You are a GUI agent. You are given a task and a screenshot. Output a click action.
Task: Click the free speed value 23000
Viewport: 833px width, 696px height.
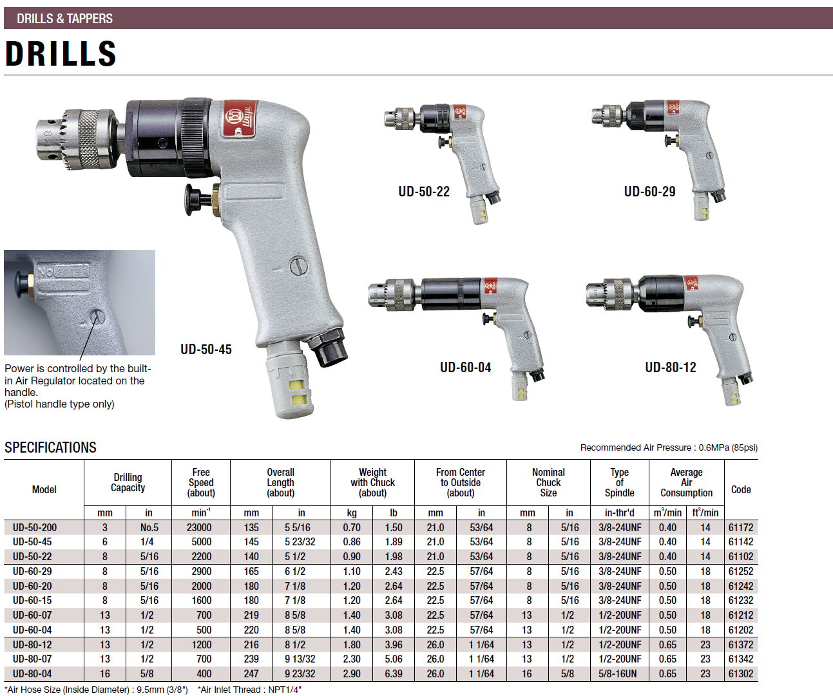(199, 527)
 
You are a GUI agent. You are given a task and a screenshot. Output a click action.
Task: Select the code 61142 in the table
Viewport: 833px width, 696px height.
(741, 541)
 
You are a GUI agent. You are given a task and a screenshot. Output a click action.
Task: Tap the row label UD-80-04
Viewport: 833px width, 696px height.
(32, 673)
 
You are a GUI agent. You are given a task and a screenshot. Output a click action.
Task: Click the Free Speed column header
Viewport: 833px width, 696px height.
(201, 482)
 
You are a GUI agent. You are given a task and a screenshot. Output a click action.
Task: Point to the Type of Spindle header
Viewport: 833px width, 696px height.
(620, 482)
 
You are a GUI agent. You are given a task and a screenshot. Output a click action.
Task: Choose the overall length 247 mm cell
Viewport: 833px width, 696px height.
(251, 673)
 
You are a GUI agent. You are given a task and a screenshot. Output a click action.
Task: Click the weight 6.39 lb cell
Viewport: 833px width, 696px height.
(394, 673)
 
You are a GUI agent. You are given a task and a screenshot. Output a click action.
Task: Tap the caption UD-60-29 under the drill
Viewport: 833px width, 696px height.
(650, 191)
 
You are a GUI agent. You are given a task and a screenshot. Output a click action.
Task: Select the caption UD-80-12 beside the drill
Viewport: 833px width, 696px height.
(671, 367)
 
